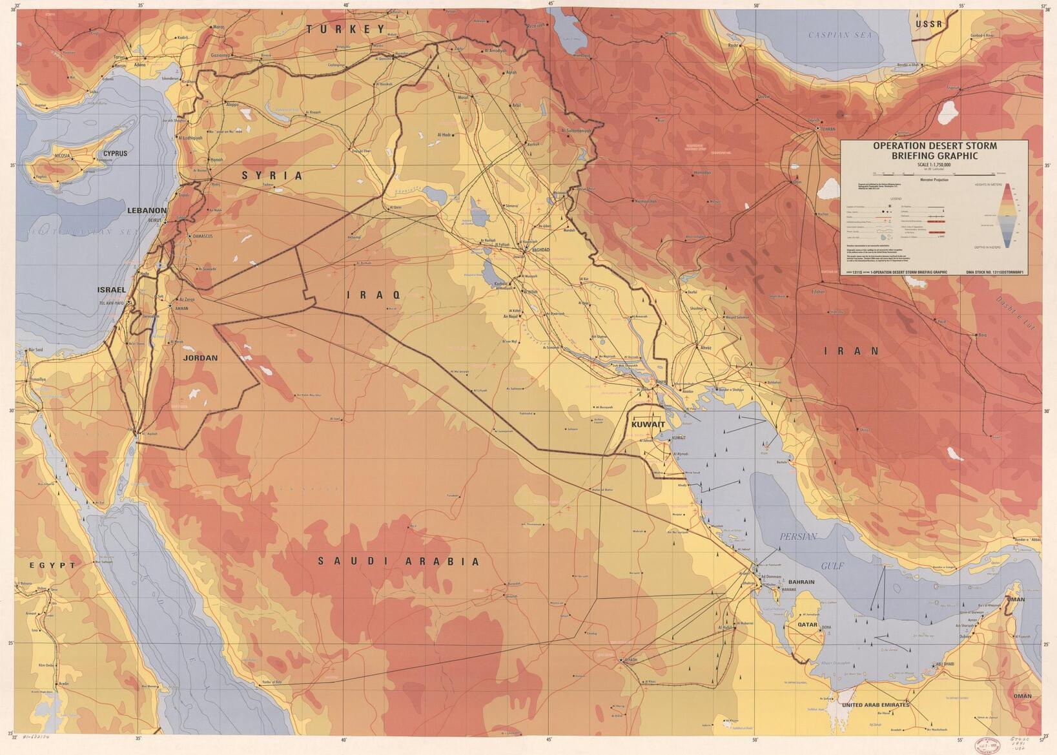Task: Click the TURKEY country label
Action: [346, 29]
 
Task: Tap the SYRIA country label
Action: [272, 176]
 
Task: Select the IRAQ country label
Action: [374, 295]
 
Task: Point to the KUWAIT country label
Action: [648, 424]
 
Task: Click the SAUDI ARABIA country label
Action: [399, 562]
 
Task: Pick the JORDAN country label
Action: [200, 358]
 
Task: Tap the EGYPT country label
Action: [52, 565]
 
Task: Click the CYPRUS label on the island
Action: [116, 154]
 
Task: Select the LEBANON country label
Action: [147, 211]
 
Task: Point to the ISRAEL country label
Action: [112, 290]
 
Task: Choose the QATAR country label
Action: [807, 625]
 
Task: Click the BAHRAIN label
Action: [801, 582]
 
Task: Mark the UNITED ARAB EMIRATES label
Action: [876, 705]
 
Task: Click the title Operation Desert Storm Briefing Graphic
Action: [934, 150]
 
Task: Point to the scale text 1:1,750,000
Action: [934, 165]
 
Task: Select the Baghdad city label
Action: [540, 249]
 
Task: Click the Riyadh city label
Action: [630, 660]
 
